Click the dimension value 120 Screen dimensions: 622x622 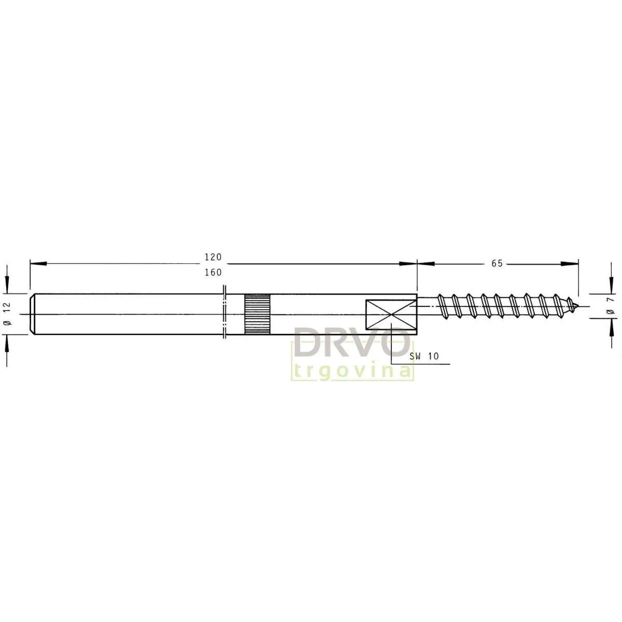click(x=213, y=257)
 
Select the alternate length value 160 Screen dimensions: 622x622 click(x=213, y=273)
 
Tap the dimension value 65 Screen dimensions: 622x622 click(x=497, y=263)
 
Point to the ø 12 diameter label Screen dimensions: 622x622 click(x=7, y=314)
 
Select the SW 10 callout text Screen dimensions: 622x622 click(x=424, y=356)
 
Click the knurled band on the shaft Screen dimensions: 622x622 click(x=257, y=314)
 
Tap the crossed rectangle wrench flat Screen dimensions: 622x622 click(x=391, y=315)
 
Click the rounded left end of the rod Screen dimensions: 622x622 click(x=32, y=314)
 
